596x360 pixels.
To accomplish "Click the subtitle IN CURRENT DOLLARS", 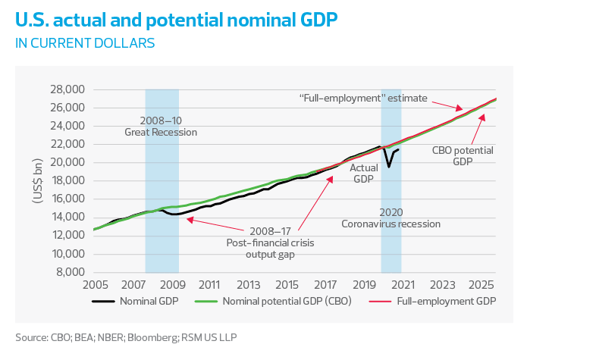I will [85, 43].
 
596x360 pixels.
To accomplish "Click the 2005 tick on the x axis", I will [95, 285].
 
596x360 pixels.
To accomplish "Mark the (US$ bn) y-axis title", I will [37, 180].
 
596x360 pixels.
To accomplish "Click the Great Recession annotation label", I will [161, 127].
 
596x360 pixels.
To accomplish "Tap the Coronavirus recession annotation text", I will [391, 218].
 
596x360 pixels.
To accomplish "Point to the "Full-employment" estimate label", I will [364, 99].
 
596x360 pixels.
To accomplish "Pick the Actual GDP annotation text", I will [363, 174].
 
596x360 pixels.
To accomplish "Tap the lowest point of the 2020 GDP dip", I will [388, 167].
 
